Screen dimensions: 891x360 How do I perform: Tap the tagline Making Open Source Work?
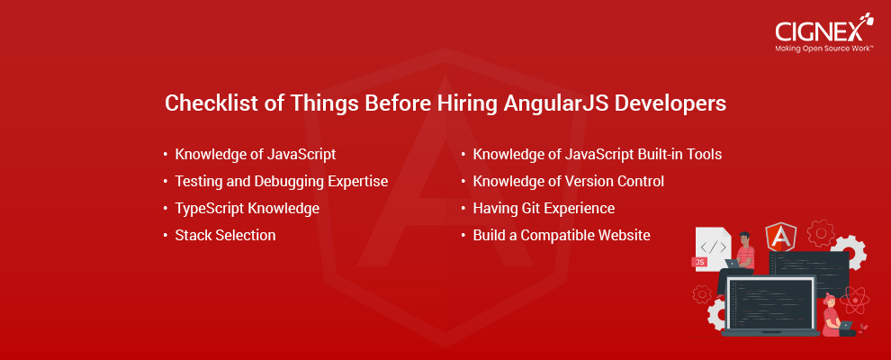coord(824,49)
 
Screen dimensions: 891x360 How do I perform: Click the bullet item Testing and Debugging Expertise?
coord(282,182)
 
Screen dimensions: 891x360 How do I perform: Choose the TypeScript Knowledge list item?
coord(247,209)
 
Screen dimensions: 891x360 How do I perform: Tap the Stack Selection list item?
coord(226,235)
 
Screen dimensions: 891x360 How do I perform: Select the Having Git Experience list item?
coord(544,209)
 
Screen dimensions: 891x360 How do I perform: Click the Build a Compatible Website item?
coord(562,235)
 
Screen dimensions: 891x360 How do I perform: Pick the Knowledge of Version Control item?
coord(568,182)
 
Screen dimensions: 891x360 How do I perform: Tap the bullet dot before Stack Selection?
coord(166,235)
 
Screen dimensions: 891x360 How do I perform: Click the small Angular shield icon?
coord(780,238)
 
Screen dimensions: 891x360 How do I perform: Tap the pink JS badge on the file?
coord(699,262)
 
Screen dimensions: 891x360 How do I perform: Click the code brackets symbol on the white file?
coord(713,247)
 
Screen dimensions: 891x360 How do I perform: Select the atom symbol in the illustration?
coord(852,300)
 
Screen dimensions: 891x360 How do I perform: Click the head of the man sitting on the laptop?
coord(743,238)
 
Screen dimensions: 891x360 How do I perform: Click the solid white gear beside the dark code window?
coord(848,253)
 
